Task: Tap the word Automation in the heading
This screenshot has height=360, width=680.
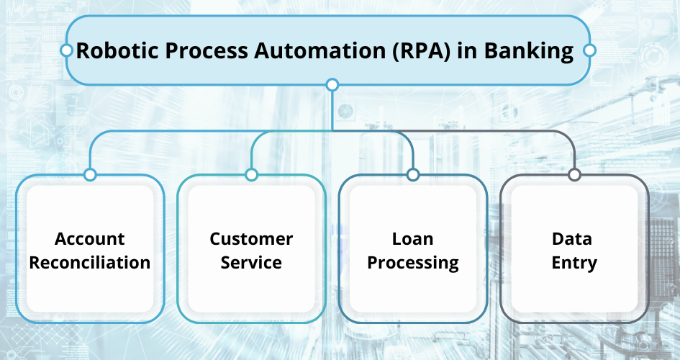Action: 319,50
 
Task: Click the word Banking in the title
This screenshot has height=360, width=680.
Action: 529,51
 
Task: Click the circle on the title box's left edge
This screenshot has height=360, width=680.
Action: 66,50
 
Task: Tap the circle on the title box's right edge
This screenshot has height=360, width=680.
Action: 589,50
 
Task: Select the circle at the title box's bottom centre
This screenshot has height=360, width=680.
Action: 332,84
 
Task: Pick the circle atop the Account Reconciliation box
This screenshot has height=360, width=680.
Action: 90,175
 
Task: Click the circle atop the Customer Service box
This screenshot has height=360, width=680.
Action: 252,175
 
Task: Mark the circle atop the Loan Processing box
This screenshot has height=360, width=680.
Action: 413,175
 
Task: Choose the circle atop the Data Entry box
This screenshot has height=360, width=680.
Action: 574,175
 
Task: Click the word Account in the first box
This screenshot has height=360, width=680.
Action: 90,239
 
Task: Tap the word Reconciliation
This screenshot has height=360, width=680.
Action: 90,262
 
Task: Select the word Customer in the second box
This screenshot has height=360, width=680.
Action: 252,239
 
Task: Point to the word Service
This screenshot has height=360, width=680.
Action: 252,262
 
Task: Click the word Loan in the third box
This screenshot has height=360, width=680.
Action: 413,239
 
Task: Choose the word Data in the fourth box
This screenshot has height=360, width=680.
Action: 572,239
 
